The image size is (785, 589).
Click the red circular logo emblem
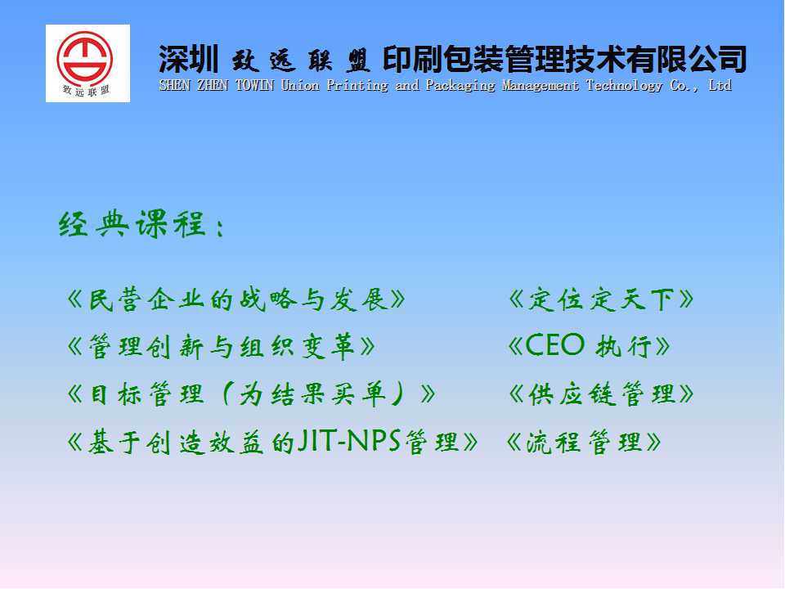tap(84, 59)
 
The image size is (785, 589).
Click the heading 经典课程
tap(132, 224)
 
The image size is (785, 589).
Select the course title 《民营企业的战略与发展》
tap(235, 299)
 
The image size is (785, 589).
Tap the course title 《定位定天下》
tap(601, 299)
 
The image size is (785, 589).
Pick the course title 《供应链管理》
tap(601, 393)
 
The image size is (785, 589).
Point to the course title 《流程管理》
tap(584, 443)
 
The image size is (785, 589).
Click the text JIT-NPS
tap(349, 441)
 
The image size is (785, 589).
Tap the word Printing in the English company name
tap(357, 86)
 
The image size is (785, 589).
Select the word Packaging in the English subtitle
tap(460, 86)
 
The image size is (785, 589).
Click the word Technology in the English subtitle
tap(624, 86)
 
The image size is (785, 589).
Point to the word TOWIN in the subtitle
tap(254, 85)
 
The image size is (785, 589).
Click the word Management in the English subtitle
tap(541, 86)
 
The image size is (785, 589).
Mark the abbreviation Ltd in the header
tap(720, 85)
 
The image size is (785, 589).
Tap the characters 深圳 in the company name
tap(189, 59)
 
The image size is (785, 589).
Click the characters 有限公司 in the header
tap(686, 59)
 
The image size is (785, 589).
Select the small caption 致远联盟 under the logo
tap(86, 91)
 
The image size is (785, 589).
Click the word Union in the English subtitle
tap(300, 85)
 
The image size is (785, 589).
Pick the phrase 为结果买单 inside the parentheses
tap(312, 393)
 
